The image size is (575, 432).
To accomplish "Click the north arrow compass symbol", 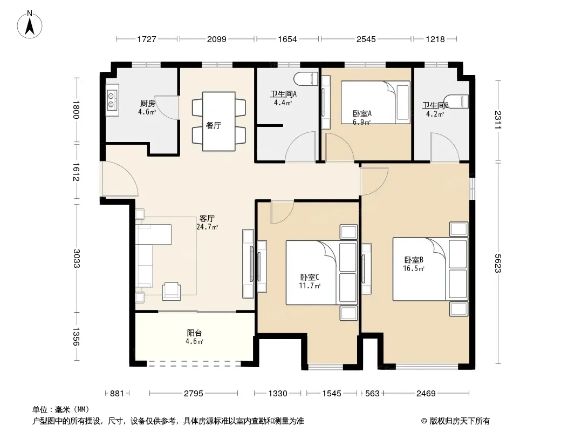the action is (30, 25).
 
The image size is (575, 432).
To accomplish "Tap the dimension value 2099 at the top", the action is (217, 39).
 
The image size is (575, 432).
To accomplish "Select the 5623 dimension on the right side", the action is (498, 264).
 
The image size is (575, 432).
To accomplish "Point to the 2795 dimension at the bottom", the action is (193, 394).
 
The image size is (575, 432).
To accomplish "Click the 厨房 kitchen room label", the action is (147, 104).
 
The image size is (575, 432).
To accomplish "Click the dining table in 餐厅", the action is (219, 121).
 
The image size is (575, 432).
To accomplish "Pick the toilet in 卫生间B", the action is (456, 101).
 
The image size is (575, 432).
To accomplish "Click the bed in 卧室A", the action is (375, 103).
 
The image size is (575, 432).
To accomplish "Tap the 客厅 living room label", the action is (207, 219).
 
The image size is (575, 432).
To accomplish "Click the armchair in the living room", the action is (172, 291).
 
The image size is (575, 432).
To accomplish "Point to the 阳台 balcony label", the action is (194, 333).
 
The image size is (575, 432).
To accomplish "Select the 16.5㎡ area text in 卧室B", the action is (414, 268).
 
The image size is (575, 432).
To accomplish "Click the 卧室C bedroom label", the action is (310, 277).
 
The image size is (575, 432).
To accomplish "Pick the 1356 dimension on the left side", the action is (76, 336).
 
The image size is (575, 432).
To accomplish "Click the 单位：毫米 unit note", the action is (61, 410).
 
